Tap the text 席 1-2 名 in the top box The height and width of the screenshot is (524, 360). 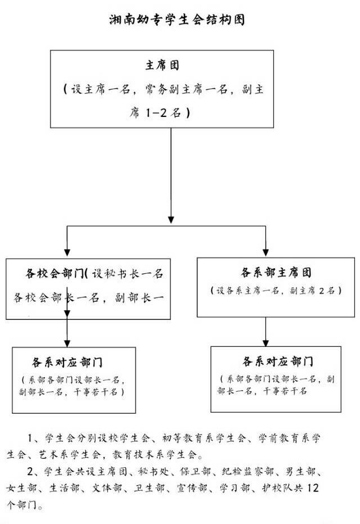[160, 113]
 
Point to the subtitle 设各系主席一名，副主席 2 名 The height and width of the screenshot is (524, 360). [273, 291]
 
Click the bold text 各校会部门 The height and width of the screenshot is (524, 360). [54, 274]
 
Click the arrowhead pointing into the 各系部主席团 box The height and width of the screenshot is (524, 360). [265, 252]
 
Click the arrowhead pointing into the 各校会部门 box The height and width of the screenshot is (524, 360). [67, 252]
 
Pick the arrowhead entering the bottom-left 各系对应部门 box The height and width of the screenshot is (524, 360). [67, 341]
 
